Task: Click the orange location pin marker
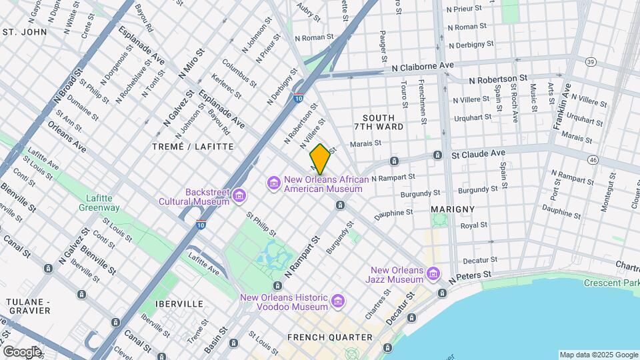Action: pos(320,159)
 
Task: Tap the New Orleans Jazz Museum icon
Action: pos(433,275)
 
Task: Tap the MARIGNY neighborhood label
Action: pos(453,209)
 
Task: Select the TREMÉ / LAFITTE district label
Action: pos(193,146)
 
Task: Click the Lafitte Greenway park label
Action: pos(103,203)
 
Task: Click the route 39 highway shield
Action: pos(591,61)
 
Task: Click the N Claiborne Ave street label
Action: pos(423,67)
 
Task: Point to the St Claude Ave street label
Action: pos(478,153)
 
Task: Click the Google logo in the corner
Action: pos(22,351)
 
